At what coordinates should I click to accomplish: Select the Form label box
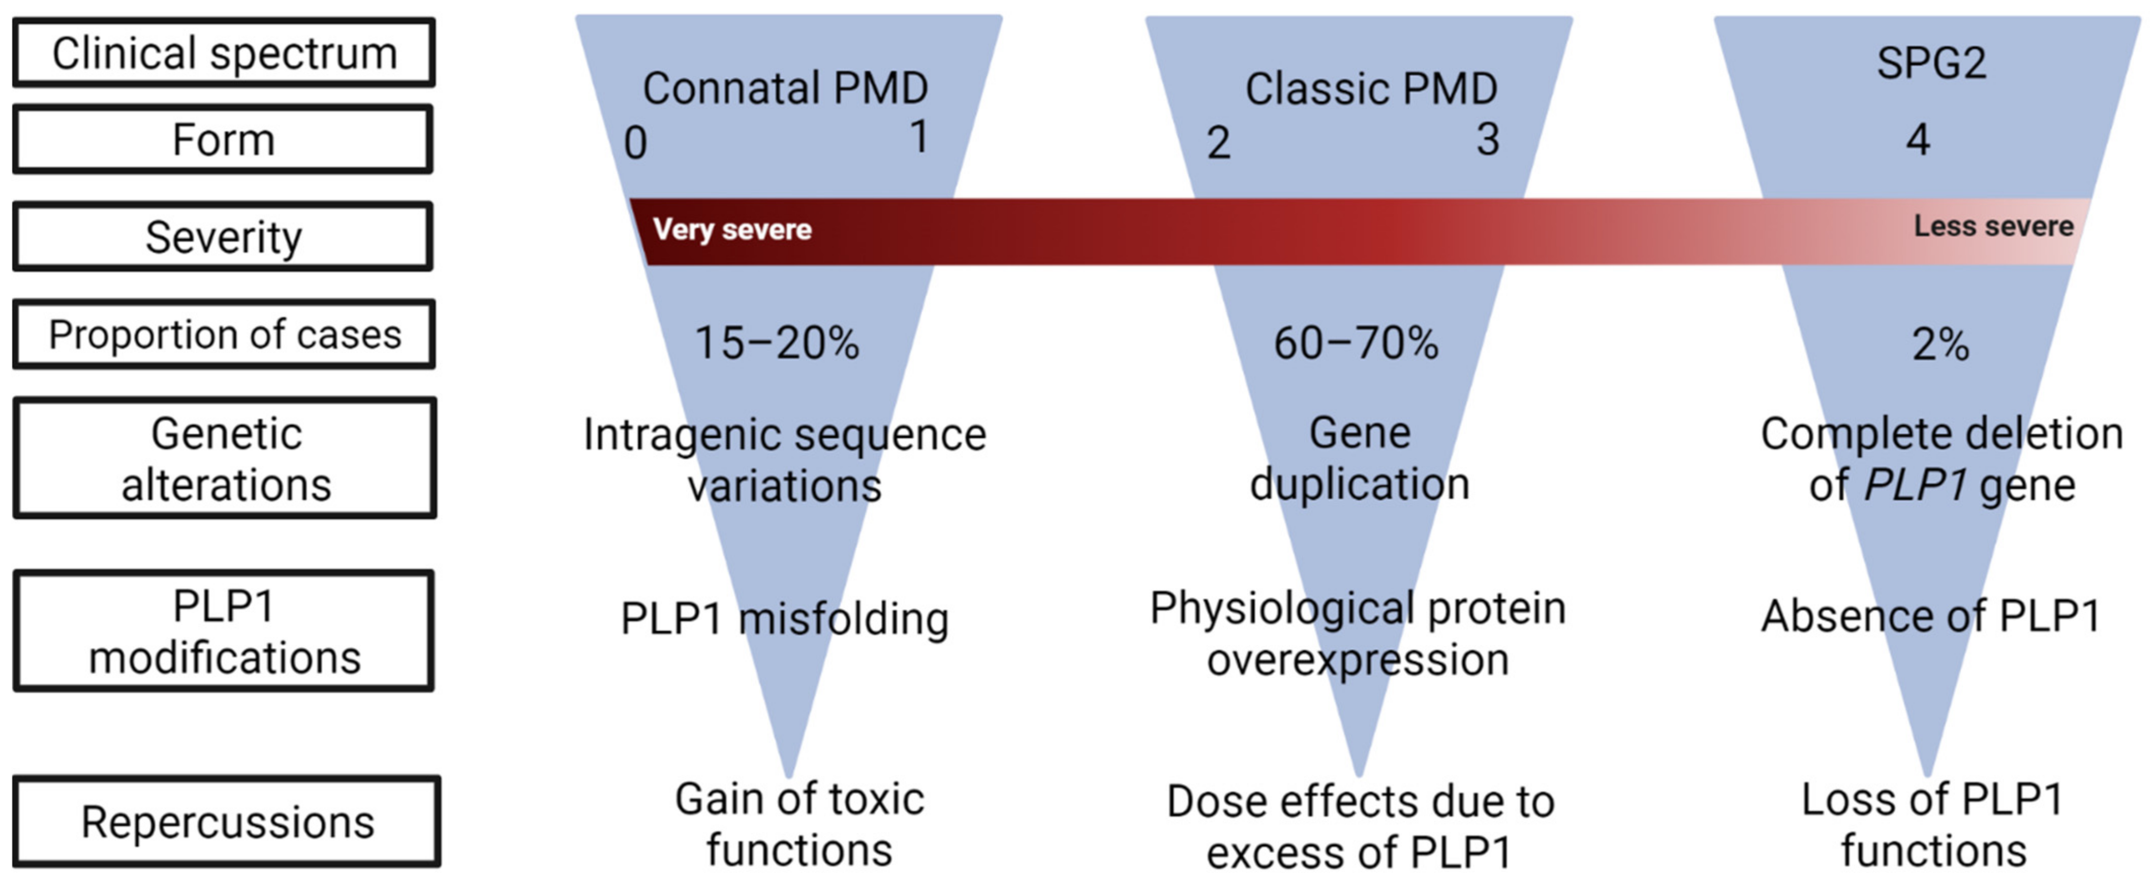click(x=223, y=139)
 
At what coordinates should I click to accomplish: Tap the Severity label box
click(x=223, y=237)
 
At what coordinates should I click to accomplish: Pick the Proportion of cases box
click(x=224, y=335)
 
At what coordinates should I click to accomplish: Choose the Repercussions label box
click(x=227, y=822)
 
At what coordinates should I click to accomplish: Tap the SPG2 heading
click(x=1931, y=62)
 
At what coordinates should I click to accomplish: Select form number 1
click(x=918, y=136)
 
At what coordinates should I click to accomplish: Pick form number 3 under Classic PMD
click(x=1487, y=139)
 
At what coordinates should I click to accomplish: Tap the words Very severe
click(x=732, y=229)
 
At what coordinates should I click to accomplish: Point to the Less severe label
click(x=1993, y=226)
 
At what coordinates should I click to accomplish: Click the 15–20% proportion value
click(x=776, y=343)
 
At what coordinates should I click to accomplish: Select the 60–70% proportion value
click(x=1355, y=343)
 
